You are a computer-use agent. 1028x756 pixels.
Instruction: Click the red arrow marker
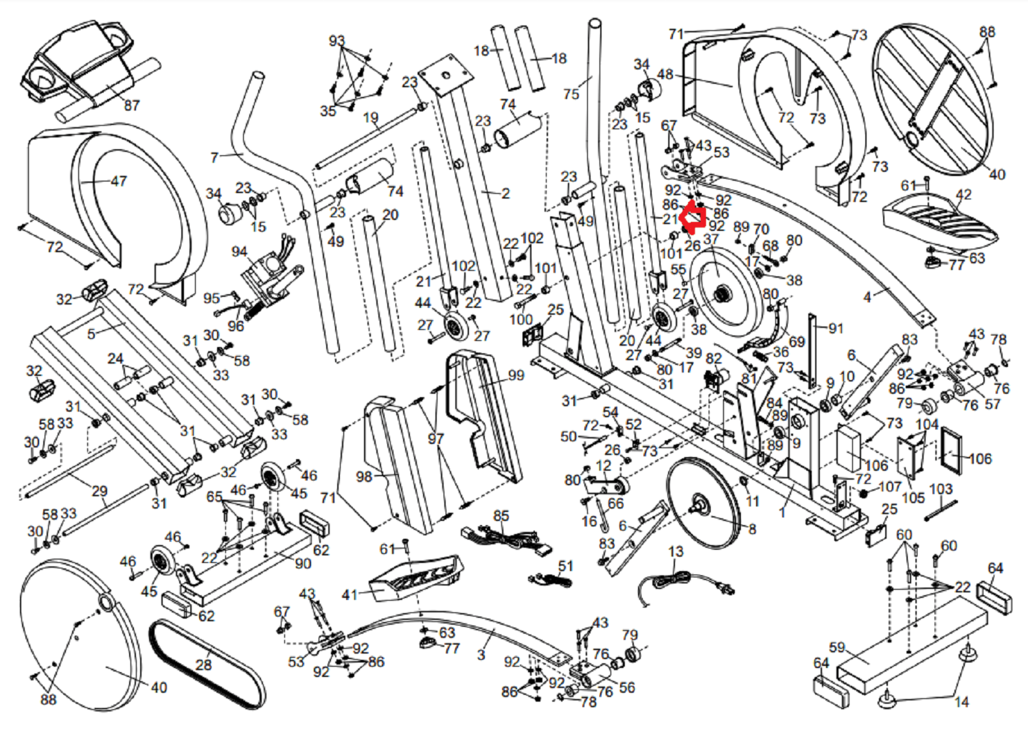pyautogui.click(x=692, y=218)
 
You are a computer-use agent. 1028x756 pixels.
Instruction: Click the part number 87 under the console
pyautogui.click(x=132, y=105)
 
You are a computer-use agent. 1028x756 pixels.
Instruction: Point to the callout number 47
pyautogui.click(x=119, y=181)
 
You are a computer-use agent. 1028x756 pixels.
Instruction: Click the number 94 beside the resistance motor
pyautogui.click(x=240, y=252)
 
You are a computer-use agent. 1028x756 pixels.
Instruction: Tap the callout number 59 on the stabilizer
pyautogui.click(x=837, y=647)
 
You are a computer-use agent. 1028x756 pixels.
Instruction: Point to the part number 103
pyautogui.click(x=941, y=489)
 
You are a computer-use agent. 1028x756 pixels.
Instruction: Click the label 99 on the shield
pyautogui.click(x=516, y=375)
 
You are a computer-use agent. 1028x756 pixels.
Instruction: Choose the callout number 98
pyautogui.click(x=364, y=477)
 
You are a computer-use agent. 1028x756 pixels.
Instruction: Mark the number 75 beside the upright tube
pyautogui.click(x=571, y=94)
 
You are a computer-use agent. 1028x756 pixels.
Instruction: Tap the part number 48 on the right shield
pyautogui.click(x=665, y=74)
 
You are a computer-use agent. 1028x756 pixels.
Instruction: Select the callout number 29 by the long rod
pyautogui.click(x=99, y=491)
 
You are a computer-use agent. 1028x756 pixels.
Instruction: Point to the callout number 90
pyautogui.click(x=303, y=564)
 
